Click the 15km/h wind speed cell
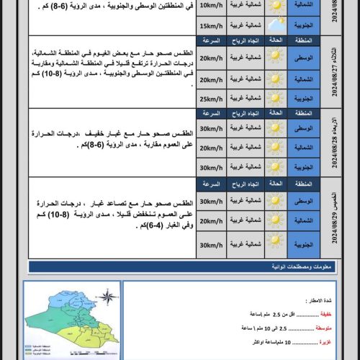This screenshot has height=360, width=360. pos(212,27)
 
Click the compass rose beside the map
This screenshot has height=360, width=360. pos(107,297)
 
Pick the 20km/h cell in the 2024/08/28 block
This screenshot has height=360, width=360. pos(212,148)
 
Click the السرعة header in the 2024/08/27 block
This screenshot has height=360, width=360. pos(212,42)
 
